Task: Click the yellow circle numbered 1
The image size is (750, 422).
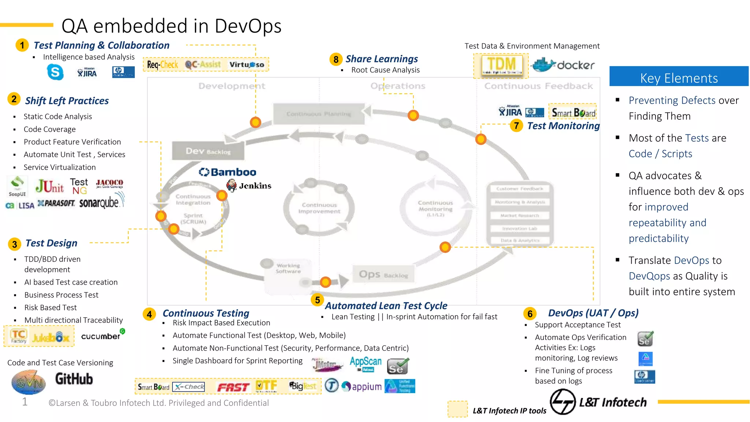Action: point(22,45)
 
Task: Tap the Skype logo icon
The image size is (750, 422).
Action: point(55,72)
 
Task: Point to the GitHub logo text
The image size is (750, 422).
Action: point(74,379)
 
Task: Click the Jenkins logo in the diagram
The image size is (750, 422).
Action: point(249,186)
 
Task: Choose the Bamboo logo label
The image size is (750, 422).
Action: point(227,172)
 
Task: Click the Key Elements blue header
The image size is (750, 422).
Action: point(679,78)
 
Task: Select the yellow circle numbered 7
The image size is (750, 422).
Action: point(516,126)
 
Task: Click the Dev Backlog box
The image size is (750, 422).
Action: point(208,151)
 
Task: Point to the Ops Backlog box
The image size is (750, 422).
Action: point(383,274)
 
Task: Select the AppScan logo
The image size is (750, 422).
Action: point(365,363)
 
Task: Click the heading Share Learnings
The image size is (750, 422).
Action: point(382,59)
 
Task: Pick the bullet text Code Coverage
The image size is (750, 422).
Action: point(49,129)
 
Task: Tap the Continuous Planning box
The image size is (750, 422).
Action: point(319,114)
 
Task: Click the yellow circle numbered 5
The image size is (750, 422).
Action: point(317,300)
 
